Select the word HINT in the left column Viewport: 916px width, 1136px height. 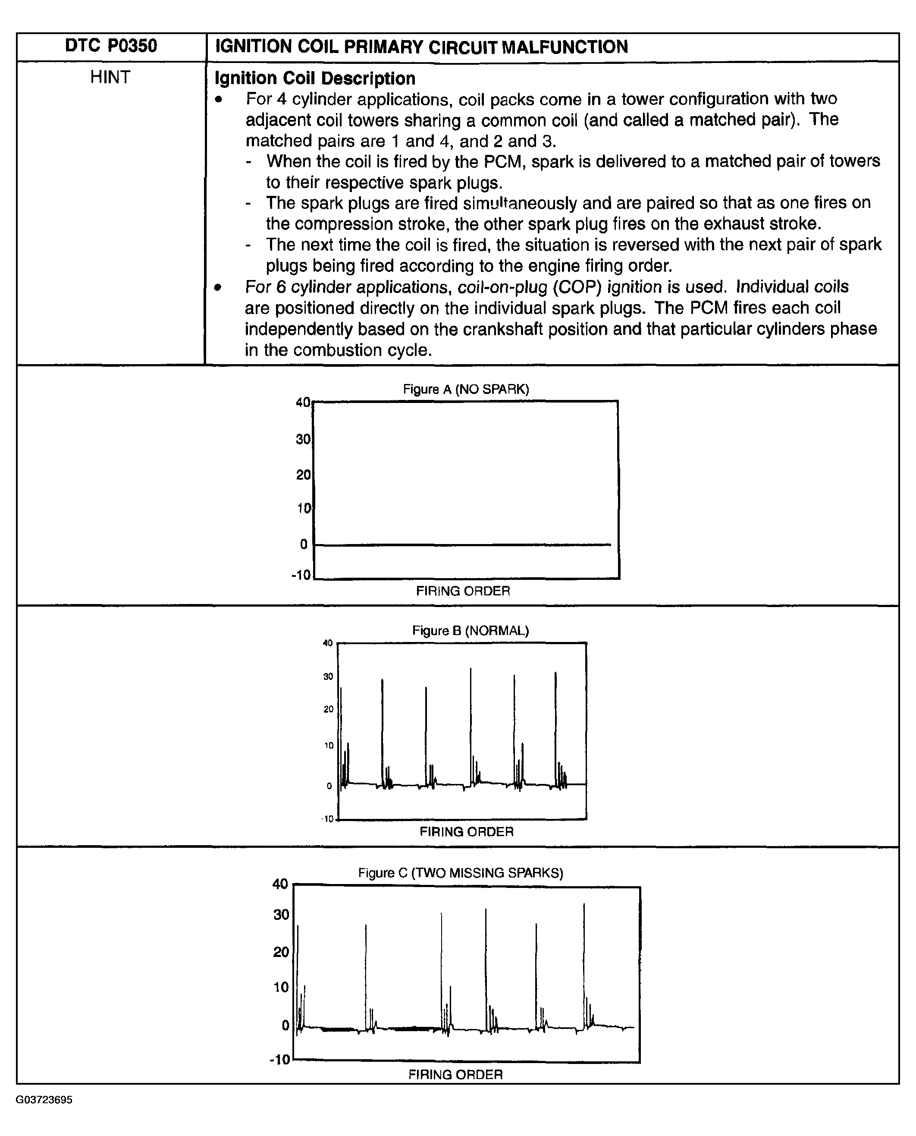(x=110, y=77)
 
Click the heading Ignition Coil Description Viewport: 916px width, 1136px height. (x=314, y=78)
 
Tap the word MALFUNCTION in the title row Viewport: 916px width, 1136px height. (x=565, y=47)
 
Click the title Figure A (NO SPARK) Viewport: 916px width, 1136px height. (x=465, y=389)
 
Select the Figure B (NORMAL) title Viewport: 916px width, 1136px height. (x=470, y=630)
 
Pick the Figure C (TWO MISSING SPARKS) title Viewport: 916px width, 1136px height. (x=460, y=872)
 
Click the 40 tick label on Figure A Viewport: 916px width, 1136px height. (x=303, y=402)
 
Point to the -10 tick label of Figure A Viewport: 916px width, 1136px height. (x=301, y=575)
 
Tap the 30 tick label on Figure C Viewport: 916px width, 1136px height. (x=281, y=914)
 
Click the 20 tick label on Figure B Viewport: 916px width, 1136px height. (x=328, y=709)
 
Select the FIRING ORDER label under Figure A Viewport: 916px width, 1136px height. (x=463, y=591)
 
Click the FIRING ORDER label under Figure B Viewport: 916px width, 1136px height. (x=467, y=831)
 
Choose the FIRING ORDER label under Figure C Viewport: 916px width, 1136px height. (x=455, y=1074)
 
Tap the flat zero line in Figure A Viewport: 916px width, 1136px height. (x=463, y=544)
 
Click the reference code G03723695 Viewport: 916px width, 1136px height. (x=44, y=1100)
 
